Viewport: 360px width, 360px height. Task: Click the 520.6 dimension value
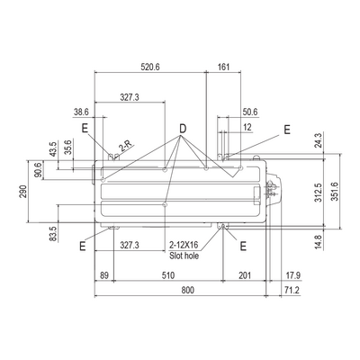click(x=150, y=67)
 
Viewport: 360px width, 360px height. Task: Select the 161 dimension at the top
click(x=223, y=67)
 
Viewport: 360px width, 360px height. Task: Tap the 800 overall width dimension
click(x=188, y=290)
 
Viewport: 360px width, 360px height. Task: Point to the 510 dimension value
click(x=168, y=275)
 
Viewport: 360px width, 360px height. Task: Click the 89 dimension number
click(x=104, y=275)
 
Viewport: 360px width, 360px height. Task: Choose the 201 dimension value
click(x=245, y=275)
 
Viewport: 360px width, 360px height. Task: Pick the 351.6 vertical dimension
click(x=335, y=192)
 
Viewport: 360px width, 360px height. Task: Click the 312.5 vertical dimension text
click(x=319, y=193)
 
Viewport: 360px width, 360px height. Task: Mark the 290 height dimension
click(x=23, y=192)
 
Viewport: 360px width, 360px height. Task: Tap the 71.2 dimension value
click(x=292, y=290)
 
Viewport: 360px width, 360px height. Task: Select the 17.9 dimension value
click(x=293, y=275)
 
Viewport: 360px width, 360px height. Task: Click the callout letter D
click(x=183, y=129)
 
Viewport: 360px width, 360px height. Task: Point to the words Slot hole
click(x=184, y=256)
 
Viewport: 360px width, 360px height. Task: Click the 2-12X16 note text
click(x=184, y=245)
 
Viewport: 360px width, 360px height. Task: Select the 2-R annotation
click(x=125, y=146)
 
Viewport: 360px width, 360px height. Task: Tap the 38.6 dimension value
click(x=81, y=112)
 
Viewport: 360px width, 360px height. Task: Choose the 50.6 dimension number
click(x=250, y=112)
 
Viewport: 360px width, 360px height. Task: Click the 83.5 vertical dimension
click(x=53, y=234)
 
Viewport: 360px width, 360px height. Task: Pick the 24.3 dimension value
click(x=319, y=140)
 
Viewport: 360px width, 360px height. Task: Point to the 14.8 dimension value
click(x=319, y=242)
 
